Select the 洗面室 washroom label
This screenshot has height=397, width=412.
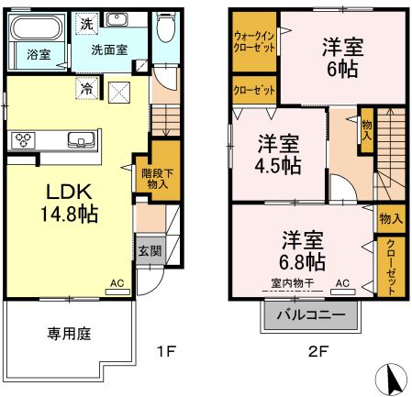coord(108,50)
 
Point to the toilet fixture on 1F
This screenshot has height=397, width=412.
coord(165,31)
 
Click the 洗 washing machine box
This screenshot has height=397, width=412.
coord(85,23)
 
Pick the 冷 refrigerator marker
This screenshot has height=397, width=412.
coord(86,90)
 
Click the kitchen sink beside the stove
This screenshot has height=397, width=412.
coord(79,140)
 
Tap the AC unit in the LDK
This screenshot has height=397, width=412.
coord(117,284)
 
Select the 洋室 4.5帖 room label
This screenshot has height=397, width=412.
coord(278,154)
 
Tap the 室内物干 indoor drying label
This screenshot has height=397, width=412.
coord(292,282)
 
